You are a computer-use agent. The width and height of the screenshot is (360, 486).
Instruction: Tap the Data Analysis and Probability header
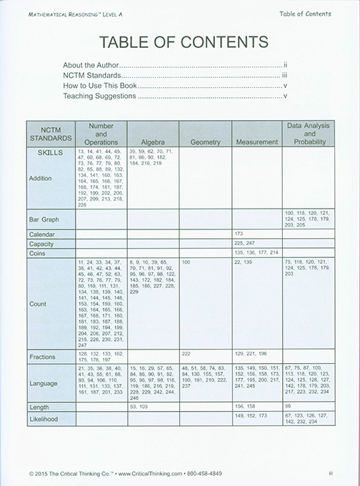coord(308,134)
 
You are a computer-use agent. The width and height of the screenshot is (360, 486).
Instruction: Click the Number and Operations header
coord(101,134)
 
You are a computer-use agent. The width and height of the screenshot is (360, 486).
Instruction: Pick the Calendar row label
coord(41,234)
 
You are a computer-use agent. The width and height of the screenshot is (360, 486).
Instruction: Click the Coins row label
coord(37,253)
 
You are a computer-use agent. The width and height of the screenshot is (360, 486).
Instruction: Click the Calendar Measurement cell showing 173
coord(240,234)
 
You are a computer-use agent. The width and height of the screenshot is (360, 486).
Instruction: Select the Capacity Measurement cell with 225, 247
coord(244,243)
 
